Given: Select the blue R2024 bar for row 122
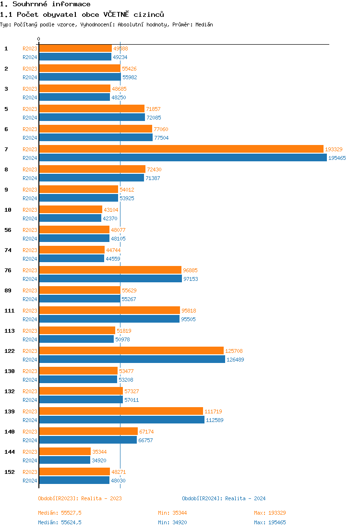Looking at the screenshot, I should click(132, 360).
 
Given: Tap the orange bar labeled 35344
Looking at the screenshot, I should click(65, 452).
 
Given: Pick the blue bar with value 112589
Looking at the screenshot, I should click(121, 420).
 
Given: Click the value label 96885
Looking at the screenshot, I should click(190, 270).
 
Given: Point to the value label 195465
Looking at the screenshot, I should click(337, 158).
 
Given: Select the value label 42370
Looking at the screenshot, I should click(110, 218).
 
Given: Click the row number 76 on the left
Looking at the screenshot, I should click(8, 270).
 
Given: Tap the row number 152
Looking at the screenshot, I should click(9, 472).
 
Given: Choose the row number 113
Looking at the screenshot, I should click(9, 331).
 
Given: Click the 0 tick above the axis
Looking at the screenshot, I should click(39, 39).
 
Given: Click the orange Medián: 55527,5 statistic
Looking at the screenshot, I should click(60, 513).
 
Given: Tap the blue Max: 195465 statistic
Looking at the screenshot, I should click(270, 522).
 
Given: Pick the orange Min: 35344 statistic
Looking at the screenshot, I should click(173, 513).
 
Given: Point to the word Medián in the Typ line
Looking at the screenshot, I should click(204, 24).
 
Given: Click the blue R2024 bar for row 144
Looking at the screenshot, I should click(64, 460).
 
